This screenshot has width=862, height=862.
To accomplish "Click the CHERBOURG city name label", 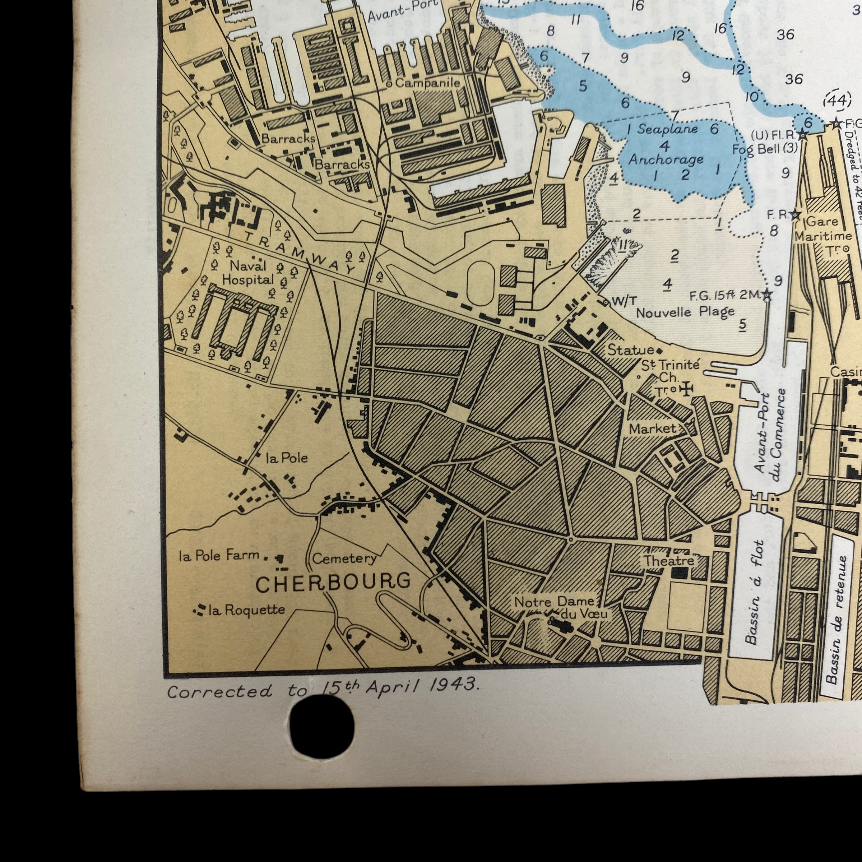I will (333, 582).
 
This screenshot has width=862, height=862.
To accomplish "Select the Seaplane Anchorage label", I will (667, 144).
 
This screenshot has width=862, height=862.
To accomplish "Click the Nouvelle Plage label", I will (685, 312).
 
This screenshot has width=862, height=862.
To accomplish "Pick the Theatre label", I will (668, 561).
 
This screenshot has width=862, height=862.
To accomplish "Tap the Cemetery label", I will (344, 558).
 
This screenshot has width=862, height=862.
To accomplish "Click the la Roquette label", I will (247, 610).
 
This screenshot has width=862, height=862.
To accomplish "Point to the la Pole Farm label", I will (219, 556).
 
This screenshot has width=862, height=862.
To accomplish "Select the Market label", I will (653, 429).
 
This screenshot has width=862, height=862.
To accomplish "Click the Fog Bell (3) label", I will (764, 149).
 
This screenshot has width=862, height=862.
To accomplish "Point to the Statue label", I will (630, 350).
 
